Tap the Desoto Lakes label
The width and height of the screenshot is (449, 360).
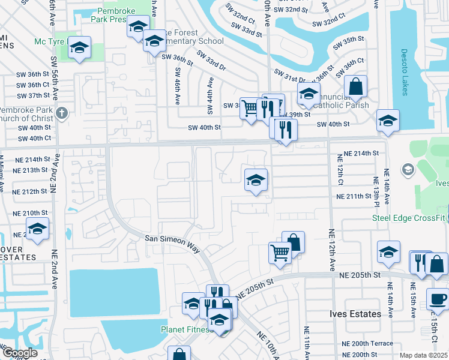pyautogui.click(x=403, y=72)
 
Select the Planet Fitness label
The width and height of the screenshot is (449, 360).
pyautogui.click(x=187, y=329)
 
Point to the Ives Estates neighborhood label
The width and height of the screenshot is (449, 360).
pyautogui.click(x=355, y=314)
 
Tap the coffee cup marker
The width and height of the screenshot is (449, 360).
pyautogui.click(x=438, y=298)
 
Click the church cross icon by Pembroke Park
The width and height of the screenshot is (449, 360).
pyautogui.click(x=62, y=113)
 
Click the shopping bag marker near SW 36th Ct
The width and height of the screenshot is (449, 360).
pyautogui.click(x=355, y=86)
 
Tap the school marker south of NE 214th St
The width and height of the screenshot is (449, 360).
pyautogui.click(x=256, y=179)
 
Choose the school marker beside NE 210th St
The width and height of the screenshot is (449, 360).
pyautogui.click(x=37, y=229)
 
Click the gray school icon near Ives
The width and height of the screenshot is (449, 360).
pyautogui.click(x=408, y=170)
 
